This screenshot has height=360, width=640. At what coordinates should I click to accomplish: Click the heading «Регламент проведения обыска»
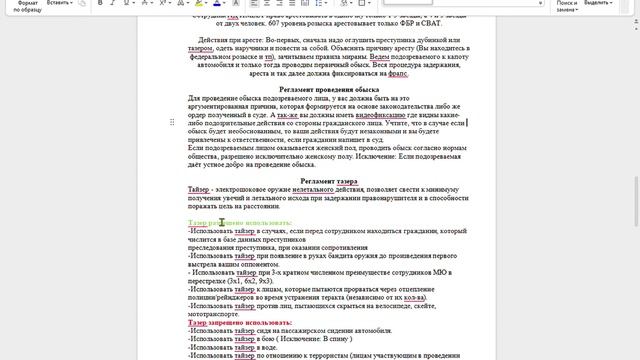[x=322, y=90]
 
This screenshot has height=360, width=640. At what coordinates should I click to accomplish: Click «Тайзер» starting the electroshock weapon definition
[x=201, y=190]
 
